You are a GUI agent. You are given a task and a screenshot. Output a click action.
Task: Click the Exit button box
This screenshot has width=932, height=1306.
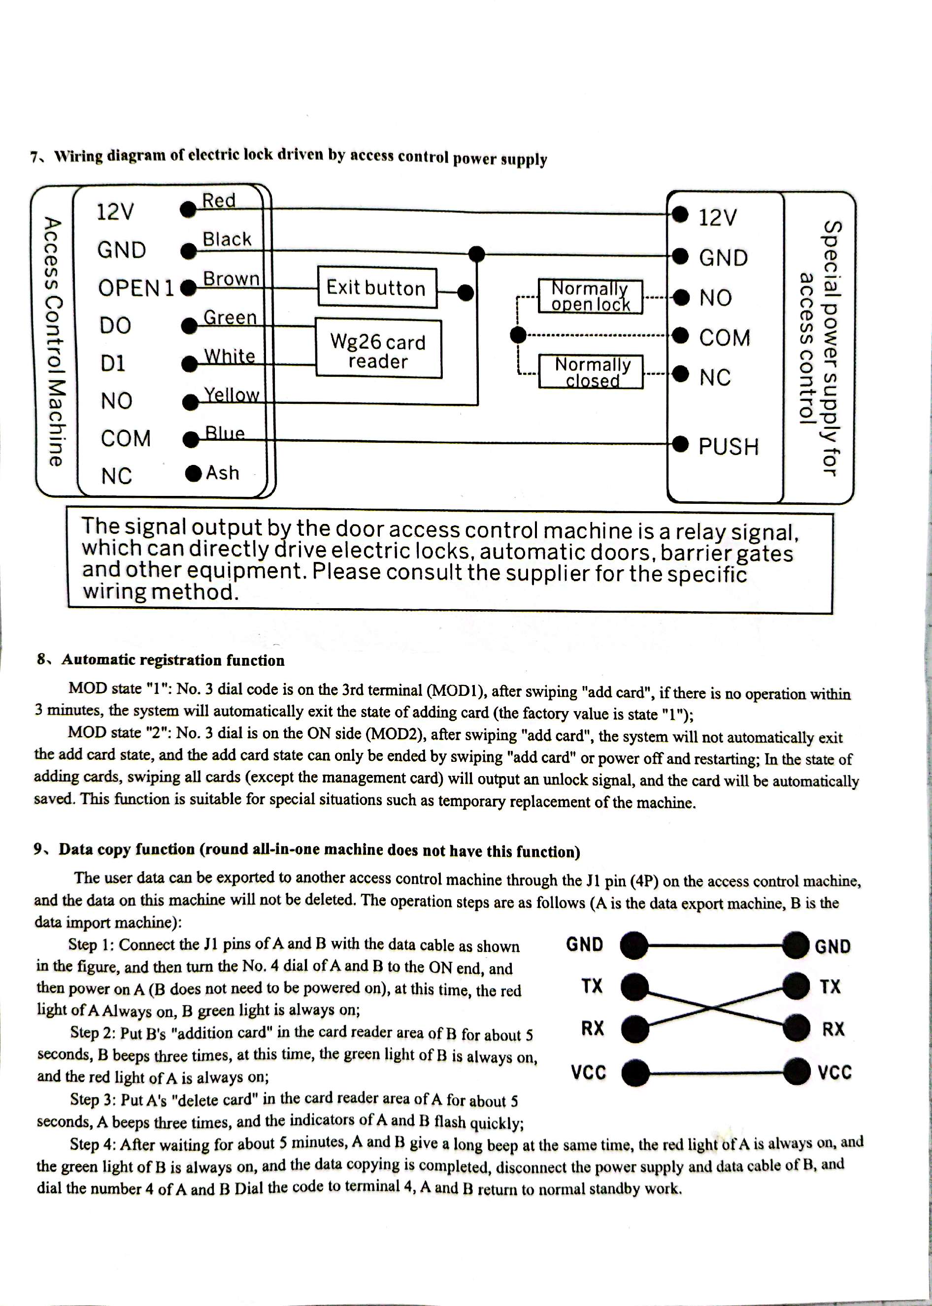tap(376, 288)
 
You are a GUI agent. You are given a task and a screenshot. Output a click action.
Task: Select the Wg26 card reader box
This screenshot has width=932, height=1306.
tap(378, 349)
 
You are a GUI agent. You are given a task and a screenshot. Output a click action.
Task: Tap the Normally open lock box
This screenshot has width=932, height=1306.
tap(591, 296)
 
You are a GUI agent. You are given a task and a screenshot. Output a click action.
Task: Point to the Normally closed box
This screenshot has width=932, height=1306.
tap(591, 372)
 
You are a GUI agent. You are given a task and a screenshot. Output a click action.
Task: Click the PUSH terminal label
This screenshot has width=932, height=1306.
tap(728, 446)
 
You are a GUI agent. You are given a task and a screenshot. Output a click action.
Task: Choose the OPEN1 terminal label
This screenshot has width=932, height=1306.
tap(135, 288)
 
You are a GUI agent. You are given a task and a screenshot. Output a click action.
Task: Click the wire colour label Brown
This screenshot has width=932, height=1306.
tap(232, 279)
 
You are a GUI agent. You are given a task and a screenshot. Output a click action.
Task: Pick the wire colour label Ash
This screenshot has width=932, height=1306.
tap(222, 473)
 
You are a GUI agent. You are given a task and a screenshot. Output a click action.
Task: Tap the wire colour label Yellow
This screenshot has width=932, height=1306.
tap(232, 394)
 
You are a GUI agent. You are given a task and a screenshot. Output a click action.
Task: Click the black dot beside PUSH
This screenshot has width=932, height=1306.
tap(680, 444)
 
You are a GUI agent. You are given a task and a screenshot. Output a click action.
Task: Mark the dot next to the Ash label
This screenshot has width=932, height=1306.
tap(194, 473)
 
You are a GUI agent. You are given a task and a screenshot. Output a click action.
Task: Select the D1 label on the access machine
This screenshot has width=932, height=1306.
tap(113, 363)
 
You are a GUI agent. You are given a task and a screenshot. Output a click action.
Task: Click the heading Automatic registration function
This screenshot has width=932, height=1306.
tap(173, 660)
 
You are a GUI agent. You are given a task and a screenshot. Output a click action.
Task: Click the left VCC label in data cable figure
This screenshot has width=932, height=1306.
tap(588, 1072)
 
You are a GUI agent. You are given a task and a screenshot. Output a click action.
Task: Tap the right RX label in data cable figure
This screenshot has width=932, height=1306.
tap(833, 1029)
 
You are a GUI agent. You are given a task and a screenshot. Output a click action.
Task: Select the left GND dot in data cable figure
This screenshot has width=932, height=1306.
tap(634, 945)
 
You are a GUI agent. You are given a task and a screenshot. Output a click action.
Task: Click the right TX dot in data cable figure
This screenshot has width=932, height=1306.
tap(797, 986)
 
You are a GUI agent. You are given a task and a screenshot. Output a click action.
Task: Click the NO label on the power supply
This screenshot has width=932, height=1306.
tap(715, 297)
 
